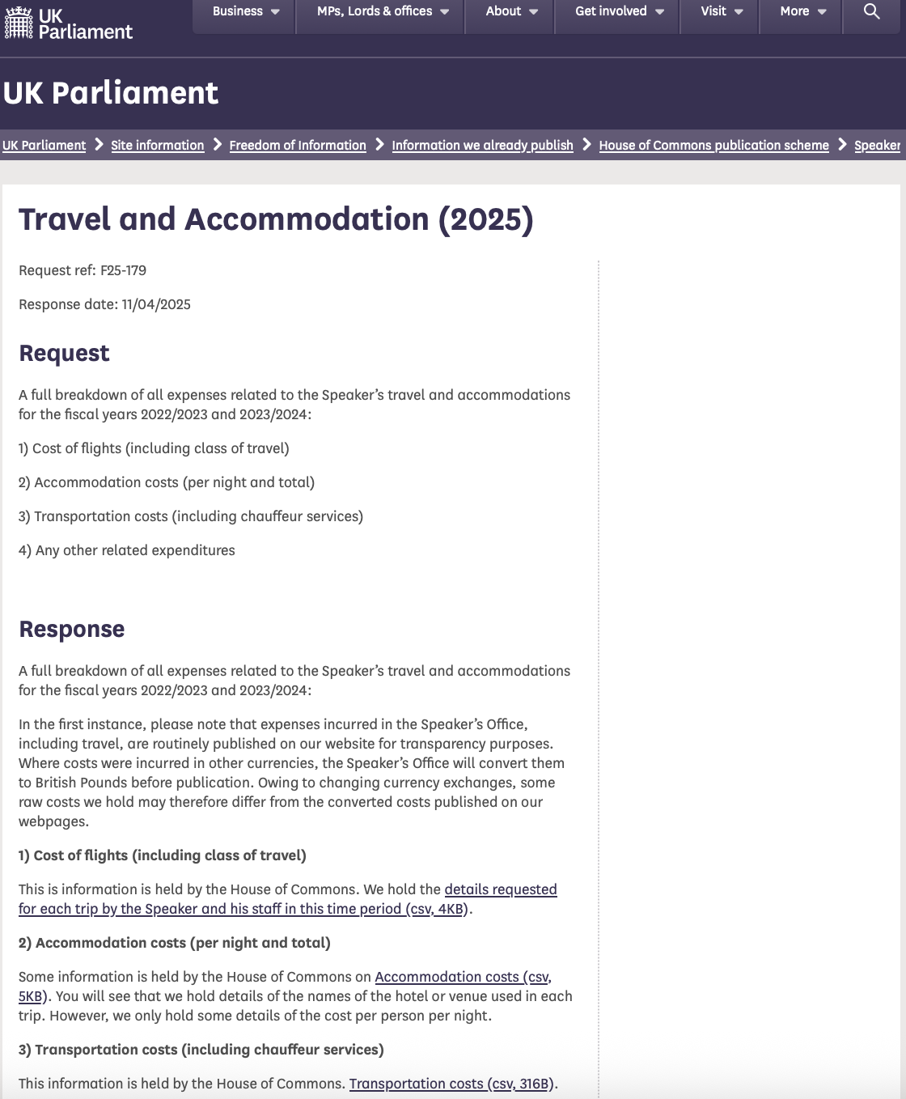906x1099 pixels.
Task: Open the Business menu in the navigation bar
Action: coord(246,11)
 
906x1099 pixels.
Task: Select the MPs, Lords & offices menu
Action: coord(382,11)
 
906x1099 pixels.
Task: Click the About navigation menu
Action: coord(511,11)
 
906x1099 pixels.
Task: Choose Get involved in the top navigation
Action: coord(619,11)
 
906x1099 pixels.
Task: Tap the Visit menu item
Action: coord(722,11)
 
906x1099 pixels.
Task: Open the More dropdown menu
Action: coord(802,11)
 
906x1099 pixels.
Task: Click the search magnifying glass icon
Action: coord(871,11)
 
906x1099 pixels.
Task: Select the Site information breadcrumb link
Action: coord(158,146)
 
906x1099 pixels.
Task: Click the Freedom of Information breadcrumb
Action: coord(298,146)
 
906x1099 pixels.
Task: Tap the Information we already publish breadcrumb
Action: coord(482,146)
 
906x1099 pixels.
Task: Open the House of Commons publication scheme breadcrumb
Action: coord(713,146)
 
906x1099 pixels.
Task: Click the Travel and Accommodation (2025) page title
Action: coord(276,219)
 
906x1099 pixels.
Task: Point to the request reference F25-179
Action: coord(123,270)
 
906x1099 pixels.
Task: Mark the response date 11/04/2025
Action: coord(156,304)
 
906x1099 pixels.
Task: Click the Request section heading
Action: coord(64,354)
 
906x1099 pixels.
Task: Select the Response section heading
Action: coord(71,630)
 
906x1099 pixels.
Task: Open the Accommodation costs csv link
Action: coord(462,977)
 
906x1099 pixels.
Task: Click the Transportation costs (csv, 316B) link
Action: coord(451,1084)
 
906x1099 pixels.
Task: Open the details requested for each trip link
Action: coord(500,889)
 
